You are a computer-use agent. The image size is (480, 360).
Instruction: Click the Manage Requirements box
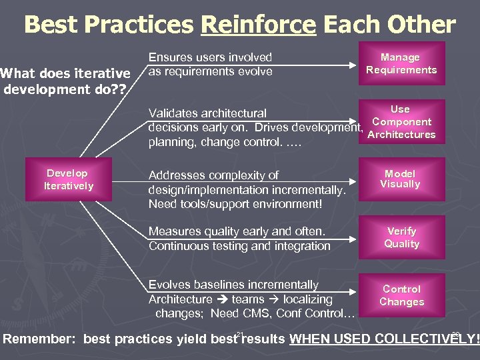(401, 64)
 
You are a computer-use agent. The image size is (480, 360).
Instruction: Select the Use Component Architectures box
(401, 121)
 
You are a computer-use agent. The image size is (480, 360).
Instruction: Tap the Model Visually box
(401, 179)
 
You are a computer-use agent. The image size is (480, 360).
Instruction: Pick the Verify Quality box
(401, 237)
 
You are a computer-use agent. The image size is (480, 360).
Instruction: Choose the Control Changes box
(401, 295)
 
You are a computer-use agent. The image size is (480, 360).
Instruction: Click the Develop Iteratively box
(69, 179)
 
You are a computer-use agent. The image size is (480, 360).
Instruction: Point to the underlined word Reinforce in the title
(258, 25)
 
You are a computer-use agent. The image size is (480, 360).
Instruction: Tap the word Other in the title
(421, 25)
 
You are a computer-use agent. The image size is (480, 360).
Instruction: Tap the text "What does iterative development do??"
(65, 80)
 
